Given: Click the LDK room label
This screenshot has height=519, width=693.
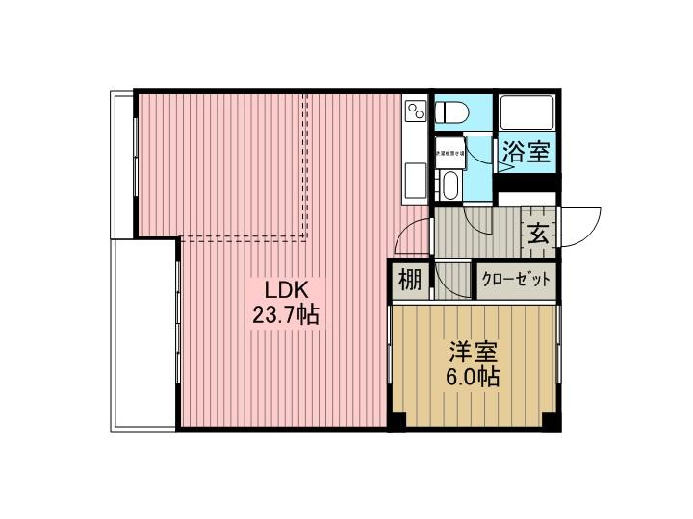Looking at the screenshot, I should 280,288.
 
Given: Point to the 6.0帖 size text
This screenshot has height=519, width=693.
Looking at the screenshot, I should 471,377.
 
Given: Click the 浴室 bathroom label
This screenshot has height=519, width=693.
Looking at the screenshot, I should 526,151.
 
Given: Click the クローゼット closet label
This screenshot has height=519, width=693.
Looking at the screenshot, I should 517,281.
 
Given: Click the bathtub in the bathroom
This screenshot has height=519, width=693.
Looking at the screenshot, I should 527,115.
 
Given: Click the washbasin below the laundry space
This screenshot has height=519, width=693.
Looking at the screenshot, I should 449,184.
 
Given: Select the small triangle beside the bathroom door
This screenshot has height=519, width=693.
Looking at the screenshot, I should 502,166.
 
